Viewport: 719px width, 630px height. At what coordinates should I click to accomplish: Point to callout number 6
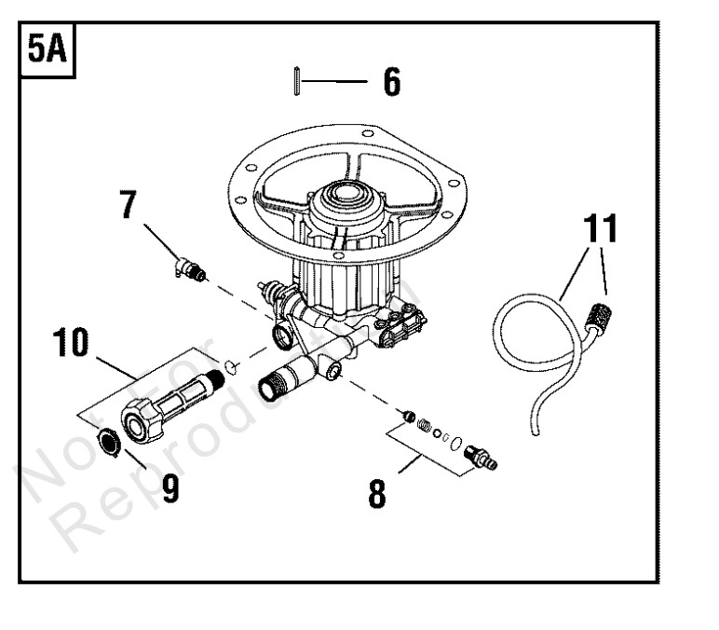click(x=391, y=82)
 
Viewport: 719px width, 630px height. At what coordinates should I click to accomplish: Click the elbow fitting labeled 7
click(x=190, y=270)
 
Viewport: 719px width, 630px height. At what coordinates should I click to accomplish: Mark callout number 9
click(x=170, y=488)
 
